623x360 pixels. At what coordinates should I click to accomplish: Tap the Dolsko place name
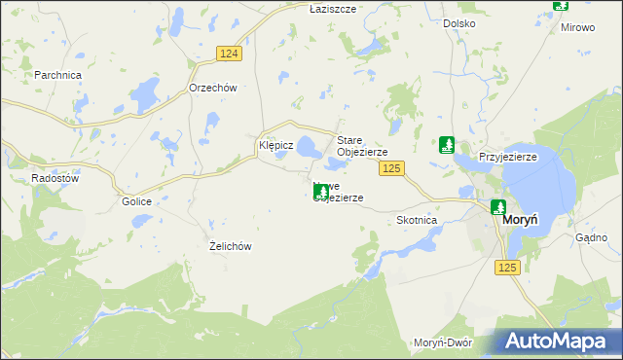pos(458,22)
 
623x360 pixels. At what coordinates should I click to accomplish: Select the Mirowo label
pos(577,27)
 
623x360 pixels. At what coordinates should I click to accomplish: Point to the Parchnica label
pos(57,74)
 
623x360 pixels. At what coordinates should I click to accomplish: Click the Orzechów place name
pos(212,87)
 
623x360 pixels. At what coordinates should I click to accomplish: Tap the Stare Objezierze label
pos(362,146)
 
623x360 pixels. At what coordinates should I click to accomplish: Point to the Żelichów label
pos(231,246)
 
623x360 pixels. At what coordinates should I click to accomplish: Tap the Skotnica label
pos(418,220)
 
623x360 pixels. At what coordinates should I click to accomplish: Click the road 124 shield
pos(229,54)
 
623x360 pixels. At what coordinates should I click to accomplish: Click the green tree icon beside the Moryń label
pos(498,207)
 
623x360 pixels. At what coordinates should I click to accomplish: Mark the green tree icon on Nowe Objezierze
pos(321,193)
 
